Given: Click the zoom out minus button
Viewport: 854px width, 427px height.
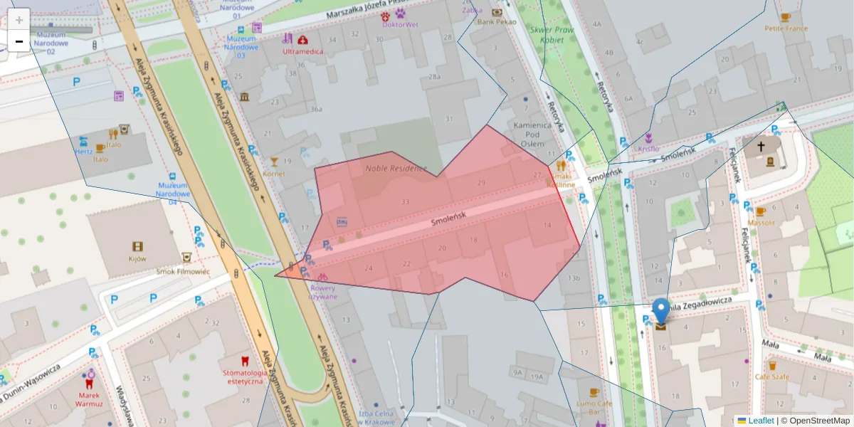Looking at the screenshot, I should (19, 41).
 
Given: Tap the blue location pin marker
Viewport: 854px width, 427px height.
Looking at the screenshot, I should (661, 311).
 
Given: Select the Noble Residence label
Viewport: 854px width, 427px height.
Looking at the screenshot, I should (396, 169).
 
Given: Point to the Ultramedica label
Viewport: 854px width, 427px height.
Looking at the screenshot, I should (302, 51).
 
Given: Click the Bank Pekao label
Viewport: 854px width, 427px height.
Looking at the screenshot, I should (497, 22).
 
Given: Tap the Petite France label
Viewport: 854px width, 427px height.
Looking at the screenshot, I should (786, 28).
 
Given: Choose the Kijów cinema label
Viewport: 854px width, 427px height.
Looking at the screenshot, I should (137, 259).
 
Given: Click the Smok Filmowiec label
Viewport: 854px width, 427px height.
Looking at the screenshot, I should (184, 271).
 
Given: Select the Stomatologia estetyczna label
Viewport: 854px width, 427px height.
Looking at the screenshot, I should (245, 376).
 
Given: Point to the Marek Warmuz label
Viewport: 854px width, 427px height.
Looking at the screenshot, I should (89, 399).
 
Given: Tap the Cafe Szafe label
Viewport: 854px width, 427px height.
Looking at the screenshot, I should (771, 376).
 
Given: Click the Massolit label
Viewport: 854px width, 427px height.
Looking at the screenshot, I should (761, 222).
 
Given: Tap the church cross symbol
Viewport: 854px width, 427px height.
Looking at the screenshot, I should (761, 147).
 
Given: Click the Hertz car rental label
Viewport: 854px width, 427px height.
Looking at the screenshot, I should (83, 151).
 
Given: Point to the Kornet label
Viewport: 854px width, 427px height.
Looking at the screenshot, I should (274, 173).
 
